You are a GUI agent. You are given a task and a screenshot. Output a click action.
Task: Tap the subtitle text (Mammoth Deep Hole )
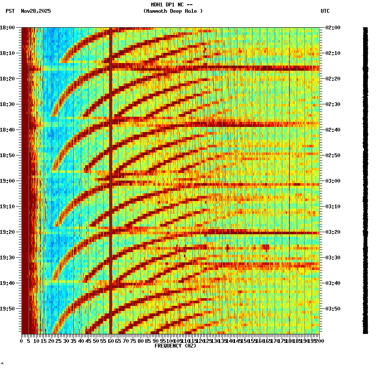(x=173, y=11)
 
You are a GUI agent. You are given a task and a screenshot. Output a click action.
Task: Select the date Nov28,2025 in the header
(x=36, y=11)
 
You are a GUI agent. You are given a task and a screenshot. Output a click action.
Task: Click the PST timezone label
(x=10, y=11)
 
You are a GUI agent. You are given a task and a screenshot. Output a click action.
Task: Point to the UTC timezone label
(x=325, y=11)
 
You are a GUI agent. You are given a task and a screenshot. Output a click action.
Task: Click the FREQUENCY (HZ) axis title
(x=175, y=346)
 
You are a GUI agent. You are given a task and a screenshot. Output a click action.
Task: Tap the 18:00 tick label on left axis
(x=8, y=28)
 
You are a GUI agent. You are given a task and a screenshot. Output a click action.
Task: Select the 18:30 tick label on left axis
(x=8, y=104)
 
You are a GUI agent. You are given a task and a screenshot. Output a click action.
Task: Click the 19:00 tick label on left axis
(x=8, y=181)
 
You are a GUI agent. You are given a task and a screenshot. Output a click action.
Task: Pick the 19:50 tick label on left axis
(x=8, y=309)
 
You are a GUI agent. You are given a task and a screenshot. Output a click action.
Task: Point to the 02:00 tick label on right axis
(x=333, y=28)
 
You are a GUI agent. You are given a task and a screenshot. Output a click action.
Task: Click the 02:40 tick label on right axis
(x=333, y=130)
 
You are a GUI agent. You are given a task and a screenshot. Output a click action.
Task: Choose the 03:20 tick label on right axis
(x=333, y=232)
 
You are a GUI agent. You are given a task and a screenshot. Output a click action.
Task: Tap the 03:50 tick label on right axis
(x=333, y=309)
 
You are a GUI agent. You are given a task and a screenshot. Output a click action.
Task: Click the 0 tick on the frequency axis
(x=21, y=341)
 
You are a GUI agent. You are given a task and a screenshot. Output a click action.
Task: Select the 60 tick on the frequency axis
(x=111, y=341)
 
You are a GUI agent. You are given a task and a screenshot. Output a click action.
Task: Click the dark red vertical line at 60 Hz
(x=111, y=170)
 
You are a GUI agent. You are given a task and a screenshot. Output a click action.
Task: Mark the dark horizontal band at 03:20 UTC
(x=213, y=233)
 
